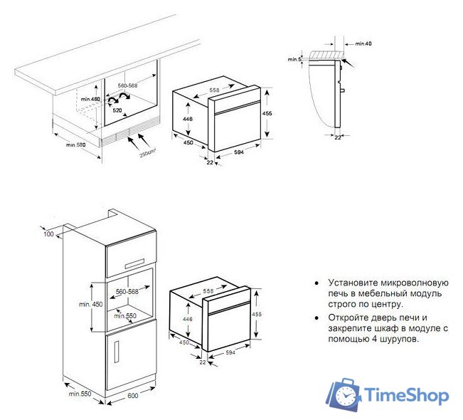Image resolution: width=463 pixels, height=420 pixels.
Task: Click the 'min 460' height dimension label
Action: [x=90, y=99]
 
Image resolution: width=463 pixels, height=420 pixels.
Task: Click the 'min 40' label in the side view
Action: [x=363, y=44]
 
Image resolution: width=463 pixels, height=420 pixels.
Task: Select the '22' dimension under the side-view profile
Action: [x=338, y=137]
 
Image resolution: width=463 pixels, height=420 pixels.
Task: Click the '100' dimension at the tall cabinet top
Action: [x=48, y=234]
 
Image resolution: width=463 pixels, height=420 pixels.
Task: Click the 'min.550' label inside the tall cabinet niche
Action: [x=126, y=315]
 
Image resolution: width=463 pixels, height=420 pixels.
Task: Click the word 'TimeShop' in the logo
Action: [x=407, y=395]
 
